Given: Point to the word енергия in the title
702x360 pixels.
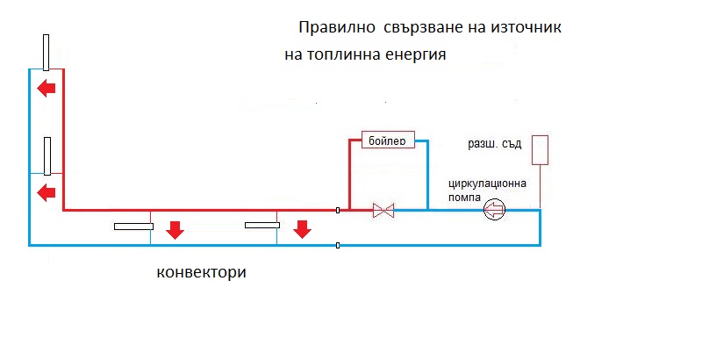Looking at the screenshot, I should [x=417, y=54].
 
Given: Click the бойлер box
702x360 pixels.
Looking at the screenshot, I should [x=387, y=140].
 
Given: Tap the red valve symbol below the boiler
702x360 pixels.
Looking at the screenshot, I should [x=383, y=210].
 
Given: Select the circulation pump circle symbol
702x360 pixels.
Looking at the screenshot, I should [x=496, y=209].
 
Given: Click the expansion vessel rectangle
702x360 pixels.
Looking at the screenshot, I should [x=540, y=149].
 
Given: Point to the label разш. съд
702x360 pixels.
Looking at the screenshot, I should [x=496, y=141].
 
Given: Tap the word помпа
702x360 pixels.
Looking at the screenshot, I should [x=467, y=197].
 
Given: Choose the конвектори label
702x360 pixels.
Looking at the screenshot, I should [x=201, y=271].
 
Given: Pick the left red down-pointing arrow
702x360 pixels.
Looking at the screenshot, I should [x=175, y=230].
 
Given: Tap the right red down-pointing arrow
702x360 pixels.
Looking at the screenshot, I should [x=302, y=230].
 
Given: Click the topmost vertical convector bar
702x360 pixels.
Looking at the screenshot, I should [x=46, y=52].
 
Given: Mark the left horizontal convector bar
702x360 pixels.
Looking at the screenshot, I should [x=133, y=227].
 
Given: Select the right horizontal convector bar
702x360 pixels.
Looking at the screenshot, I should [x=262, y=226].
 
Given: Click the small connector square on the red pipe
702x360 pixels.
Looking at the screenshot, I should [x=339, y=210].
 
